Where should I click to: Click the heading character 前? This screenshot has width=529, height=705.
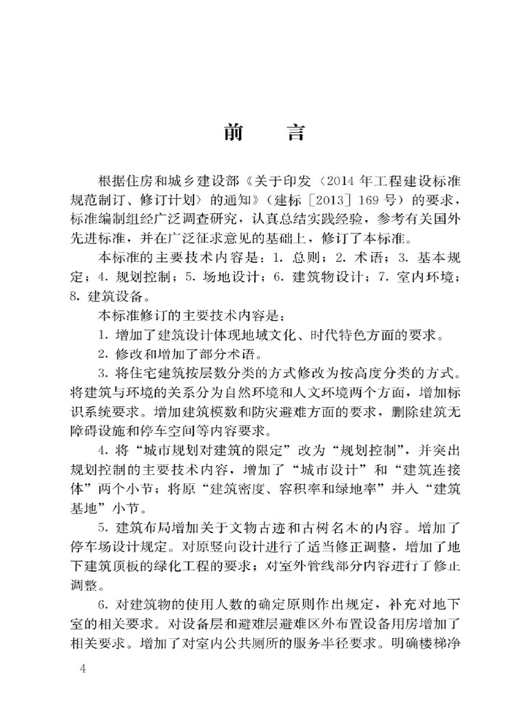point(234,133)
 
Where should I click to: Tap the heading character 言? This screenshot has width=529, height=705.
point(295,133)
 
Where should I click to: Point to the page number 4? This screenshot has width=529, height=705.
point(84,671)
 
